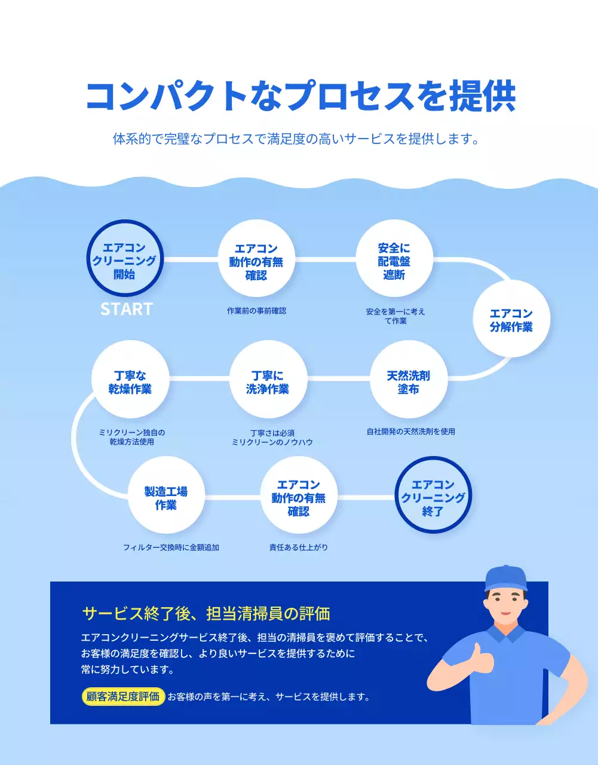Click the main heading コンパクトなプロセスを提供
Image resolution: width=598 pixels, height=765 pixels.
[300, 96]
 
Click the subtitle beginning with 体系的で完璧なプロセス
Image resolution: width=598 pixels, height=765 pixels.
[296, 139]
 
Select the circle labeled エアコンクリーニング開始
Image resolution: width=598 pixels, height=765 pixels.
[125, 259]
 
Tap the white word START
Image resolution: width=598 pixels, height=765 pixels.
[127, 309]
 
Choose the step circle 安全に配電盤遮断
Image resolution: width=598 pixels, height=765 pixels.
[394, 259]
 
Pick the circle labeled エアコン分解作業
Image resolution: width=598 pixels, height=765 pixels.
[511, 320]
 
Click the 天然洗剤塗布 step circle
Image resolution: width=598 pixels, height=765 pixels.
[408, 381]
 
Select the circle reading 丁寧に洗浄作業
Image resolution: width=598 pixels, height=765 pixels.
[268, 381]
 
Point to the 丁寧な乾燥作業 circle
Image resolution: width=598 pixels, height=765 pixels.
[130, 381]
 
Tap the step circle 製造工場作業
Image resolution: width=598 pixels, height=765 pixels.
[166, 497]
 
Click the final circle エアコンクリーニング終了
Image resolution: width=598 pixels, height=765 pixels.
[433, 497]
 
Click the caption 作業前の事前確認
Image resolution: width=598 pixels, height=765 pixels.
[256, 311]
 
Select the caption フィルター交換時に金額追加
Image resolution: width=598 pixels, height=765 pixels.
[171, 547]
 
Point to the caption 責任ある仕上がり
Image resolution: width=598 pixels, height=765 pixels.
[298, 547]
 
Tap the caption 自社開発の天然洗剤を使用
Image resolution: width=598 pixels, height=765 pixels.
[410, 432]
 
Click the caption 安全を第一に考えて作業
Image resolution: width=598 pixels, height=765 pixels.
[395, 316]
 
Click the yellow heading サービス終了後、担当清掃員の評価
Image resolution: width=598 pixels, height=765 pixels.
[206, 613]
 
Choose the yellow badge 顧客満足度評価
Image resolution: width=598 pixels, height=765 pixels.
[123, 697]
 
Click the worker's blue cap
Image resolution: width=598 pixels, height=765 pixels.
[506, 578]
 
